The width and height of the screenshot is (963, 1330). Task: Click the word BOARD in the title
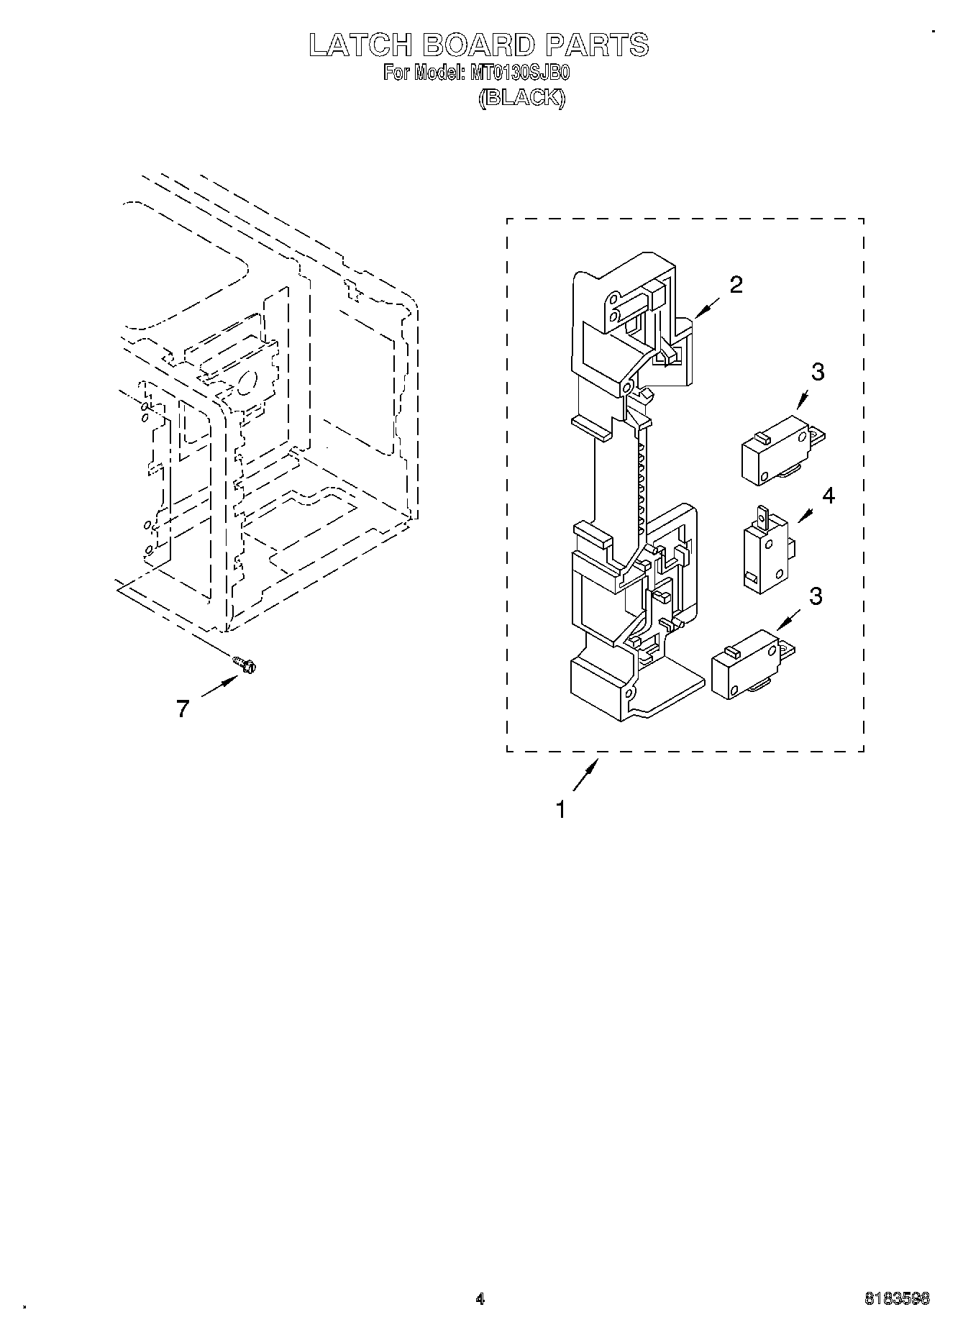pyautogui.click(x=479, y=45)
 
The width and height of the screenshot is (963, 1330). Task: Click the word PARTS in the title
pyautogui.click(x=597, y=45)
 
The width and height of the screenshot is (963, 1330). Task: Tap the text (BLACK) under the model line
pyautogui.click(x=522, y=99)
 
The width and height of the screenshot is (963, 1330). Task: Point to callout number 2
pyautogui.click(x=735, y=286)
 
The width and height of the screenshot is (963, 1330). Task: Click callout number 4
pyautogui.click(x=829, y=496)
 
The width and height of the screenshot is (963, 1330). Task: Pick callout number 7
pyautogui.click(x=183, y=709)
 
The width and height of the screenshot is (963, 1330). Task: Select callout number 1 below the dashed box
pyautogui.click(x=561, y=810)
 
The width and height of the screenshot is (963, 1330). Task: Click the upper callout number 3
pyautogui.click(x=818, y=372)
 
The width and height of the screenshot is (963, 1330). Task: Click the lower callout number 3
pyautogui.click(x=816, y=596)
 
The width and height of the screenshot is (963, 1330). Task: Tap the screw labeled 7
pyautogui.click(x=245, y=665)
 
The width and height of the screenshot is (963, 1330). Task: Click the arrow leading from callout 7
pyautogui.click(x=219, y=687)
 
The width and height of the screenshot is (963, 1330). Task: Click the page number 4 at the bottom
pyautogui.click(x=480, y=1299)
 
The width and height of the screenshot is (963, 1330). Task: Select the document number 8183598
pyautogui.click(x=896, y=1299)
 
